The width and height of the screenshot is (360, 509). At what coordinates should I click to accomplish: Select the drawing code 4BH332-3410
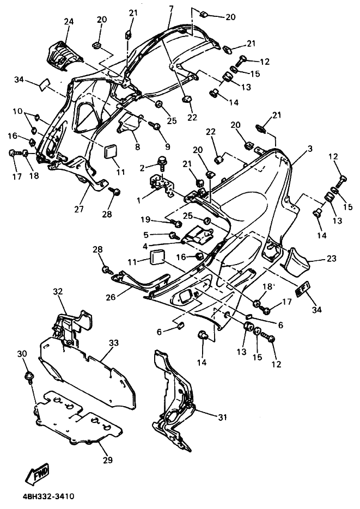(x=48, y=496)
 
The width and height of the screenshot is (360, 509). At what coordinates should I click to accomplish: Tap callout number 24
(x=68, y=22)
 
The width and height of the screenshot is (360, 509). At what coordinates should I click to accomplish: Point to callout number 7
(x=171, y=9)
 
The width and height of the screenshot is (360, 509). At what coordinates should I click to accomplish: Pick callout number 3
(x=310, y=149)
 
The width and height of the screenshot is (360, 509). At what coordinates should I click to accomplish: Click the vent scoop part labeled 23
(x=296, y=260)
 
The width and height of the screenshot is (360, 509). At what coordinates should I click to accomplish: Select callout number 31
(x=222, y=418)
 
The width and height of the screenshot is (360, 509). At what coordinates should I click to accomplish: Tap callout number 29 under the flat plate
(x=107, y=461)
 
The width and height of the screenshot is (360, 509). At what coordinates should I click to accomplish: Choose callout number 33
(x=113, y=343)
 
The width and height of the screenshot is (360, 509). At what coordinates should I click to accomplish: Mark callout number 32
(x=58, y=291)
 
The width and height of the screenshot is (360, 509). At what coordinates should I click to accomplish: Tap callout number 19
(x=144, y=219)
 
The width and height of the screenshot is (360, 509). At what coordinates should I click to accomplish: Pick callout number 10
(x=17, y=111)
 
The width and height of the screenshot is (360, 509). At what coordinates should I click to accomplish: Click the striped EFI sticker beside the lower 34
(x=302, y=289)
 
